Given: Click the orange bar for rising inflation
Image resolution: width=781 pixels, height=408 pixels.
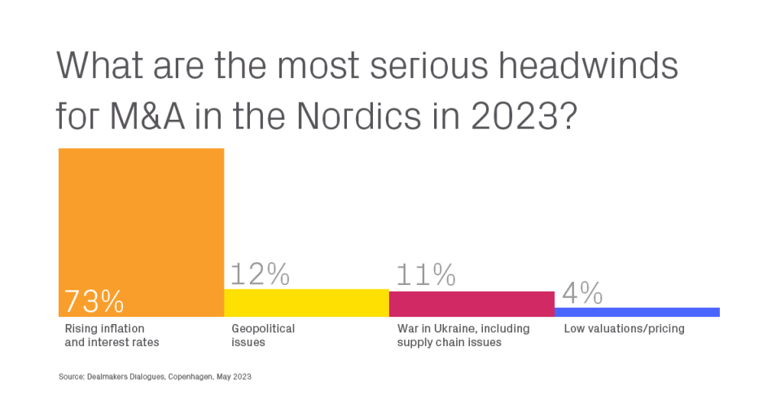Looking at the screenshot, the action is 142,232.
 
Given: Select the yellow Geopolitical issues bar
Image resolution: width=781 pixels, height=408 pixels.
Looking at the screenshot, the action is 306,303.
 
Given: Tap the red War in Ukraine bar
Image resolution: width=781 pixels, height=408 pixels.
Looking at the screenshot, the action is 472,304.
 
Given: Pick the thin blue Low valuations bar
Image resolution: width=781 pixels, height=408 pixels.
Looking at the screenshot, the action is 637,312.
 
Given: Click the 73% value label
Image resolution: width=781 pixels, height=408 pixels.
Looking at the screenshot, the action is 94,301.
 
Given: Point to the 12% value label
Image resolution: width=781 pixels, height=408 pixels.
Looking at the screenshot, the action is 260,274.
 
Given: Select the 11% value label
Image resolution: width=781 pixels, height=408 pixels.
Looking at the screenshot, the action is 426,274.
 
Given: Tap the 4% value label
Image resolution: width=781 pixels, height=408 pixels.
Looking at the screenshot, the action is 582,292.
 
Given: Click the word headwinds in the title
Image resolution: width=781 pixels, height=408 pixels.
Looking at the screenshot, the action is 588,65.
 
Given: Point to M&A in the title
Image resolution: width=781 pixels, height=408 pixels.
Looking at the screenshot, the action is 147,116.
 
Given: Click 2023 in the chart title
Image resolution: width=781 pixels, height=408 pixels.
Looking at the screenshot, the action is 514,116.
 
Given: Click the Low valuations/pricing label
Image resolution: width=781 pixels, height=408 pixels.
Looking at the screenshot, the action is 624,329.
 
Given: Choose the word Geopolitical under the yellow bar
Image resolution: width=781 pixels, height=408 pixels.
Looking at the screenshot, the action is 263,329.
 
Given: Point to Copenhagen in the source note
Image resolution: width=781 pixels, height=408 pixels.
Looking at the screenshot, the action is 191,376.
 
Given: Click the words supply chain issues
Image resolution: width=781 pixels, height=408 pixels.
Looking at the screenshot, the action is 450,342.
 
